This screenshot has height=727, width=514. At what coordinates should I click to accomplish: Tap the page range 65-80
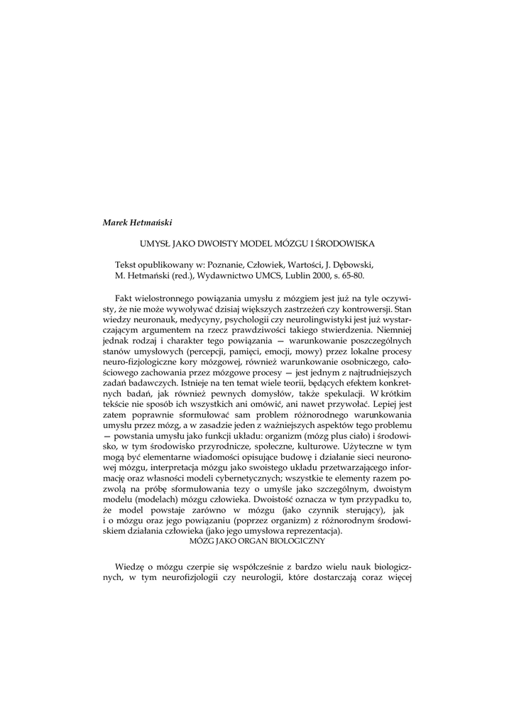coord(372,273)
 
